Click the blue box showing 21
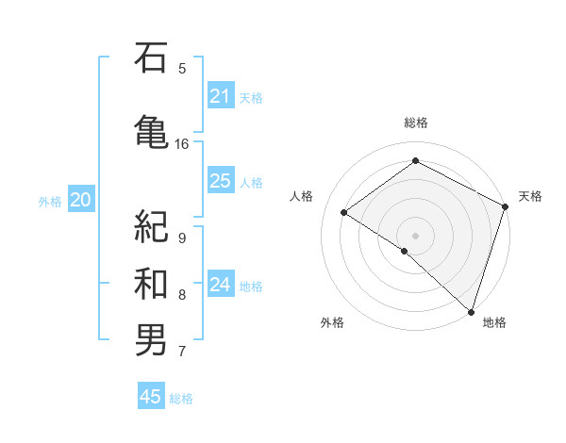(x=221, y=96)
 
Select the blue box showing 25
(x=221, y=181)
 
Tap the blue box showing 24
(x=221, y=285)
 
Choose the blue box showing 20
(x=81, y=200)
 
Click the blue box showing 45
(x=151, y=397)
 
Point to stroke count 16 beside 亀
(x=182, y=144)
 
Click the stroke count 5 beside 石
(x=182, y=68)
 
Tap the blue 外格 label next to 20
(x=50, y=201)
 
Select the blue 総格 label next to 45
(x=181, y=399)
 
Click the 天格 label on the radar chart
(x=530, y=196)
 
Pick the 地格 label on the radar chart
(x=494, y=322)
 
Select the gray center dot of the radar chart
(x=415, y=235)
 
